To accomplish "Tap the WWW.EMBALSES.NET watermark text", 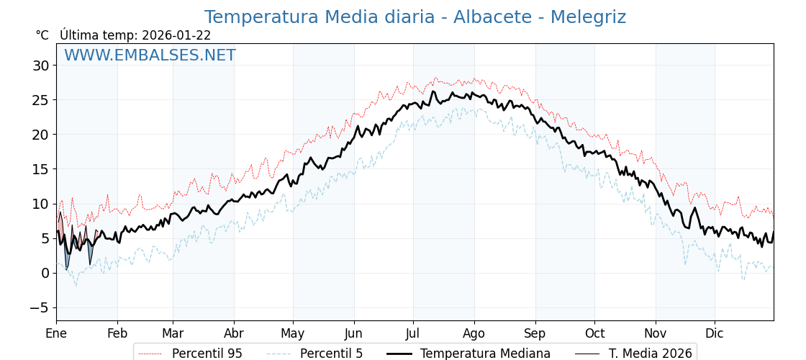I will click(x=150, y=55).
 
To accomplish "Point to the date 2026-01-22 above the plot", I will click(x=176, y=35).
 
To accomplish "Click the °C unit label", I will click(x=42, y=35).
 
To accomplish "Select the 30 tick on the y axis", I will click(x=41, y=66).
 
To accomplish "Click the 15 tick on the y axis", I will click(x=41, y=169).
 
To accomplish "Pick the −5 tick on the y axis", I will click(x=39, y=307).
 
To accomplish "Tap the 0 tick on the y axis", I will click(x=45, y=273).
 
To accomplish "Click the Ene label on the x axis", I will click(x=56, y=334).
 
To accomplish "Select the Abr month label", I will click(x=234, y=334).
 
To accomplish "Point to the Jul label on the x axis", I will click(x=413, y=334).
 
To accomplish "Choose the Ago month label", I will click(x=474, y=334).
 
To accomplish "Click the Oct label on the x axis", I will click(x=594, y=334).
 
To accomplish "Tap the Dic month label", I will click(x=715, y=334).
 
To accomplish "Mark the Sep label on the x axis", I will click(x=535, y=334).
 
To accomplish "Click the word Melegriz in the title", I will click(x=588, y=17).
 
